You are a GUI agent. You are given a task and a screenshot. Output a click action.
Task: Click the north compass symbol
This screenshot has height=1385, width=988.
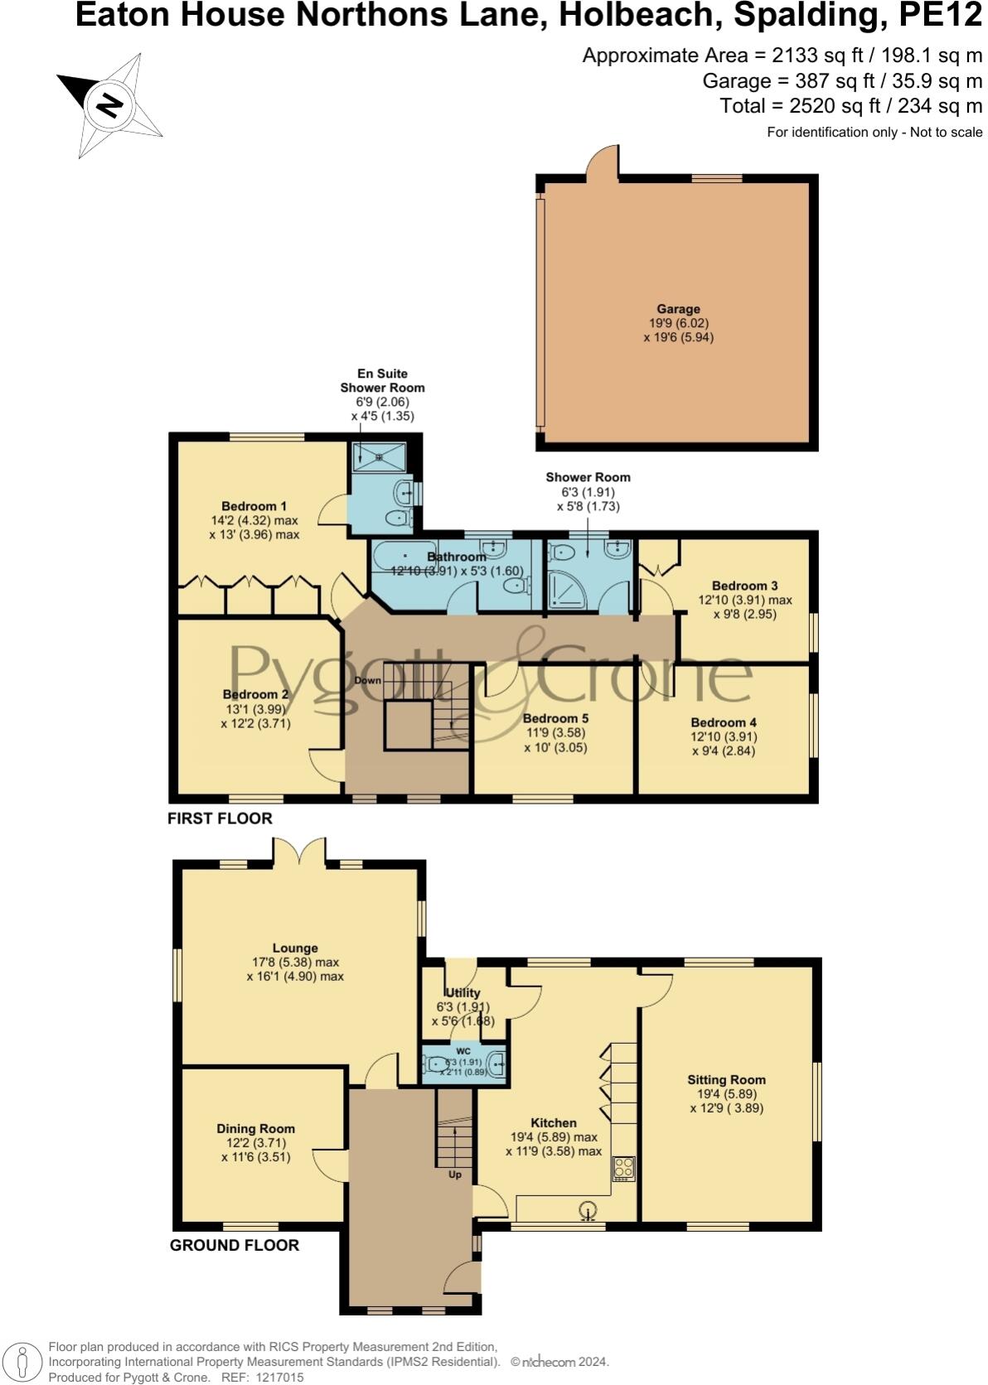(109, 105)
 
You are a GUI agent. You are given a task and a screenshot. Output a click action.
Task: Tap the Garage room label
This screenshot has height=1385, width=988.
(678, 309)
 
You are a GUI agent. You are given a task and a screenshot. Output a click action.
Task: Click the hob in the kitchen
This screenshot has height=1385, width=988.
(623, 1168)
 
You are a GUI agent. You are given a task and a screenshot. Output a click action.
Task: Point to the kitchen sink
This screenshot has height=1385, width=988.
(588, 1213)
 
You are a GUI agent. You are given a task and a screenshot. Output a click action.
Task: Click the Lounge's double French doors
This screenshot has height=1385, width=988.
(299, 852)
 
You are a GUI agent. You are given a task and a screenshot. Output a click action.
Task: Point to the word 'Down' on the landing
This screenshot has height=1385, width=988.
(367, 681)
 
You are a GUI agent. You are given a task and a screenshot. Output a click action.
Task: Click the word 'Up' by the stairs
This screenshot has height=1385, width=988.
(454, 1174)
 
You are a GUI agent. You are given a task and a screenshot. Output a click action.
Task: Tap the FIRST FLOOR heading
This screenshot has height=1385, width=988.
(220, 818)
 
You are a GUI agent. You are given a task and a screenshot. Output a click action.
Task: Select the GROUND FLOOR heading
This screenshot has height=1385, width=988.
(234, 1245)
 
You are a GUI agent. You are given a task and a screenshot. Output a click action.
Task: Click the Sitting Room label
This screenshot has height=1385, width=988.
(726, 1079)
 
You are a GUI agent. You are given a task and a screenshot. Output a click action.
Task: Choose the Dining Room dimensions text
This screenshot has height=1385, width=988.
(255, 1150)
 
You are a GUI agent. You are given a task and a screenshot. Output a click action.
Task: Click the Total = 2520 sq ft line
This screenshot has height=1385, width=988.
(850, 106)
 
